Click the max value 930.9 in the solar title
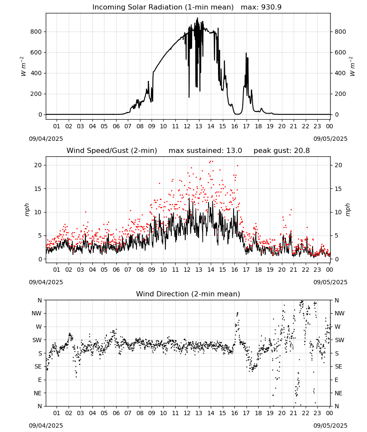tap(271, 7)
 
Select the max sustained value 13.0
tap(234, 151)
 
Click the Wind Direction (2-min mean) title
tap(188, 294)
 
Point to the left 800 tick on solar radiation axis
tap(36, 32)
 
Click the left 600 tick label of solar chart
tap(36, 52)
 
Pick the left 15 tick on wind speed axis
tap(38, 189)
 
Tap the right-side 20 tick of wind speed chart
tap(339, 165)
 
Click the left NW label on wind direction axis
tap(37, 313)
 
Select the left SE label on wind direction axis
tap(38, 366)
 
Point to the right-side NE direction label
tap(339, 393)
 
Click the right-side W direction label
tap(338, 327)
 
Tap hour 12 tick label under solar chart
tap(187, 126)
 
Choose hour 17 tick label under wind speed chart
tap(246, 270)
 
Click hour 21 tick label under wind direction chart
tap(294, 413)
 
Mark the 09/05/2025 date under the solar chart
tap(330, 139)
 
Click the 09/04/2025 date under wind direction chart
tap(46, 426)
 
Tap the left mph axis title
tap(27, 210)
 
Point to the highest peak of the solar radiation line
tap(197, 18)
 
